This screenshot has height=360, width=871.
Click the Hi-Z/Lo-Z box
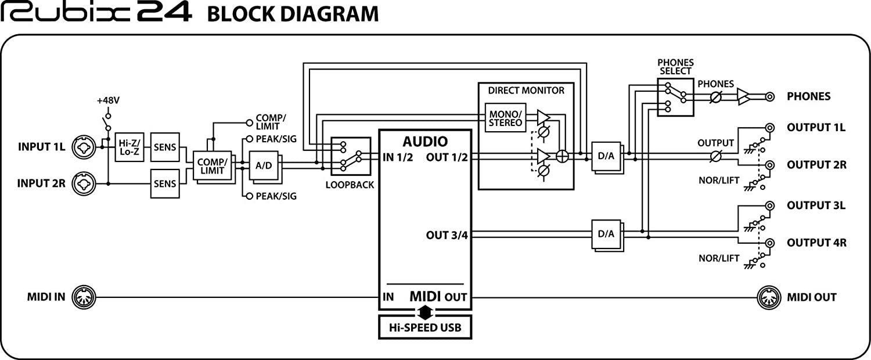pyautogui.click(x=128, y=147)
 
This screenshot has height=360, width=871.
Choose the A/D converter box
pyautogui.click(x=263, y=165)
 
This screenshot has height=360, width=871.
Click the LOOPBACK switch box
pyautogui.click(x=350, y=156)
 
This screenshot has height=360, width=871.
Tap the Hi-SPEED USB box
pyautogui.click(x=424, y=327)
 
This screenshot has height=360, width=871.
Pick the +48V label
pyautogui.click(x=108, y=100)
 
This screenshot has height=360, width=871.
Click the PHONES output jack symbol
pyautogui.click(x=769, y=96)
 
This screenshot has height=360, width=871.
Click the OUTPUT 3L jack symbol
pyautogui.click(x=770, y=206)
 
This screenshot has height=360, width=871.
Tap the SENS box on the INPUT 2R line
pyautogui.click(x=165, y=184)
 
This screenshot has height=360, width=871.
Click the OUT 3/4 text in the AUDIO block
pyautogui.click(x=447, y=235)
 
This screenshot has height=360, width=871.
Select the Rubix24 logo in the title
pyautogui.click(x=96, y=13)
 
